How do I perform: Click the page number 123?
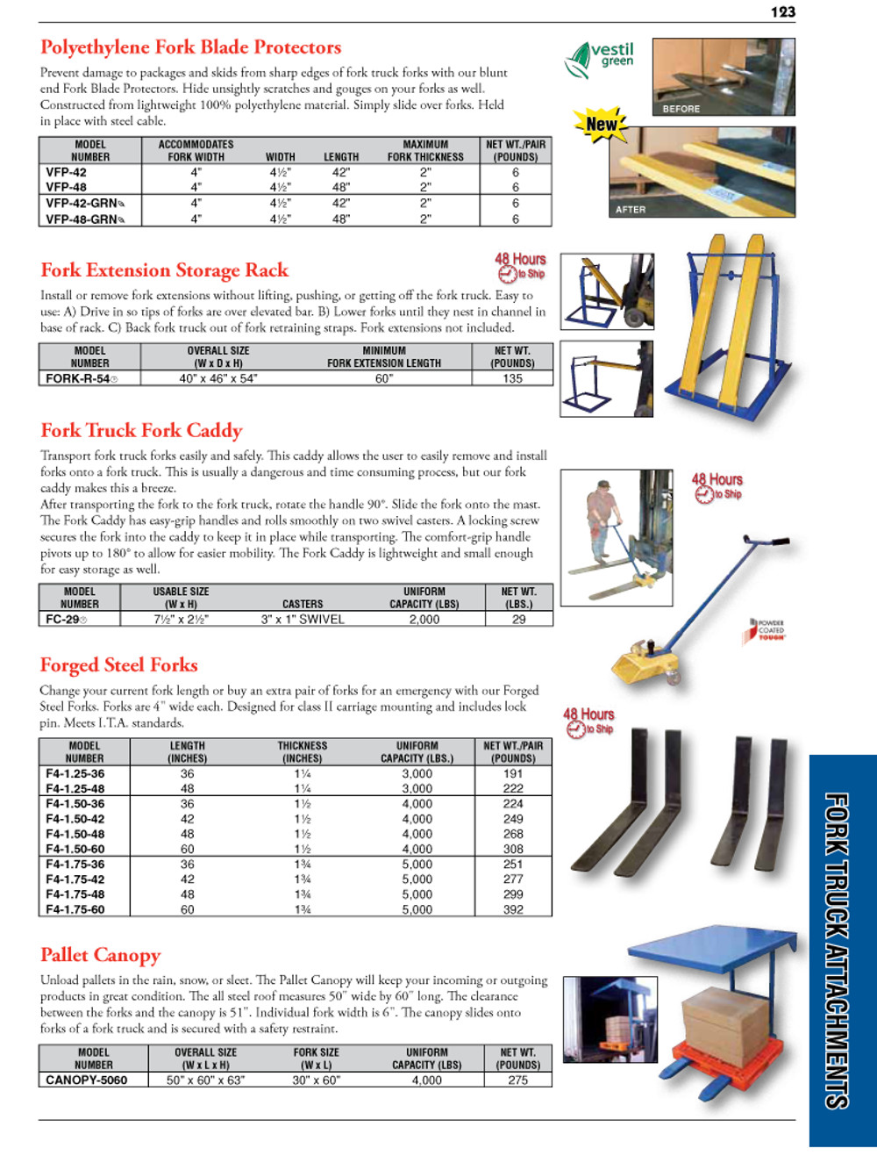782,11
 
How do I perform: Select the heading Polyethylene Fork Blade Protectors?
190,47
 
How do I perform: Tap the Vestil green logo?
600,59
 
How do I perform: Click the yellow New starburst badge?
601,125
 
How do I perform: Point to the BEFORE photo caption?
681,109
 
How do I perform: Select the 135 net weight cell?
512,379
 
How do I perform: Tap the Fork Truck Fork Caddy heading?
141,430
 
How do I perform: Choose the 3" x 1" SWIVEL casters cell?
303,620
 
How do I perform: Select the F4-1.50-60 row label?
75,850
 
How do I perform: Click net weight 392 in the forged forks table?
513,910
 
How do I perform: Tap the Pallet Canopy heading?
100,955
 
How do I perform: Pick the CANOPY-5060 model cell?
86,1080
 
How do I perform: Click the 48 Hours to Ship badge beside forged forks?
588,721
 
